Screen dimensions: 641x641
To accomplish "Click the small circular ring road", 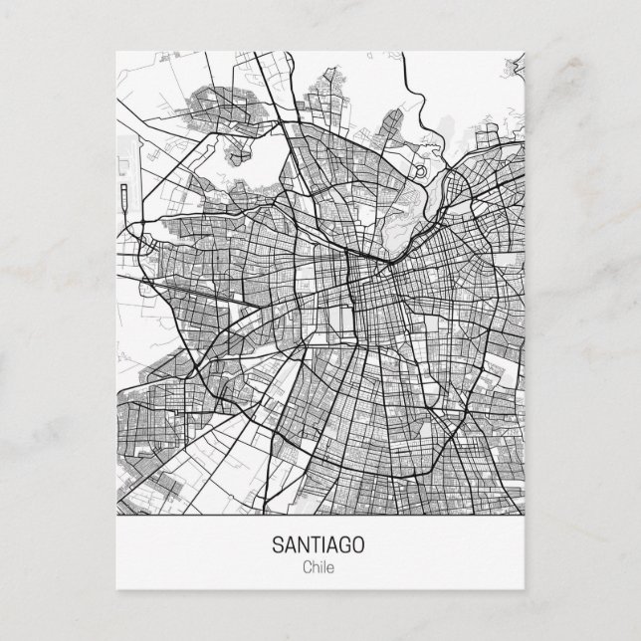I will (419, 171).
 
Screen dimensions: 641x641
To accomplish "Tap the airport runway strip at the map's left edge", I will (121, 175).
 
